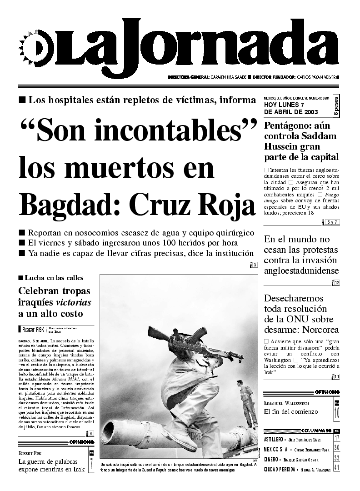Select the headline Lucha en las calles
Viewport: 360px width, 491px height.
click(54, 278)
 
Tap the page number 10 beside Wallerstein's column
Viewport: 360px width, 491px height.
click(336, 413)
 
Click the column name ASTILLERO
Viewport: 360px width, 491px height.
click(273, 439)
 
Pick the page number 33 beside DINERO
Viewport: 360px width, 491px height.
click(336, 458)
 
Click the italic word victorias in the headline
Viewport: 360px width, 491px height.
click(73, 302)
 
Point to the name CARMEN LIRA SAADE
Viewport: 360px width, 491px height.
click(228, 77)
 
